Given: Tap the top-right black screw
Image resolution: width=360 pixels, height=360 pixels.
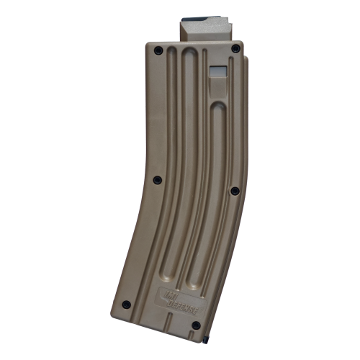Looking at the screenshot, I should [235, 48].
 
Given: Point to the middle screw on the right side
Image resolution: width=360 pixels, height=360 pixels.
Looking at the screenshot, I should [234, 191].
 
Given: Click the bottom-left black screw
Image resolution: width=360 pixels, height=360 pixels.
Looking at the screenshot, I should [126, 304].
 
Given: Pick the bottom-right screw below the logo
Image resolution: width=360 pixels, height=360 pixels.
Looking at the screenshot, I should [195, 325].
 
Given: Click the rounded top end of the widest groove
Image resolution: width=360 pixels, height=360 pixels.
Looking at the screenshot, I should [189, 54].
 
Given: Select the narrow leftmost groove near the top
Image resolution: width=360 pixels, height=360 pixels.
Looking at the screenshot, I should [171, 65].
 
